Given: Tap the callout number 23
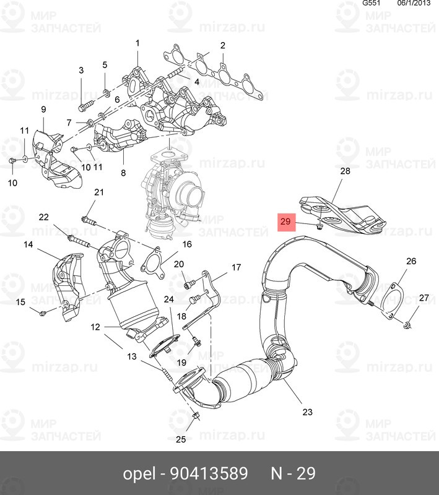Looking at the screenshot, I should [x=307, y=412].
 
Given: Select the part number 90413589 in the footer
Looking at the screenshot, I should [x=209, y=474].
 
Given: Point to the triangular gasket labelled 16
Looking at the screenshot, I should [x=150, y=260].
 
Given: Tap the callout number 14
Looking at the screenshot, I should [x=28, y=245].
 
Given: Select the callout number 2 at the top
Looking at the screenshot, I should [x=222, y=45].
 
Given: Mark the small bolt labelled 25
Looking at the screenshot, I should [x=194, y=416].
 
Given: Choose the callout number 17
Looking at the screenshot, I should [x=236, y=268].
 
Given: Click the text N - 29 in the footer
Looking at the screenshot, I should [x=293, y=474].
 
